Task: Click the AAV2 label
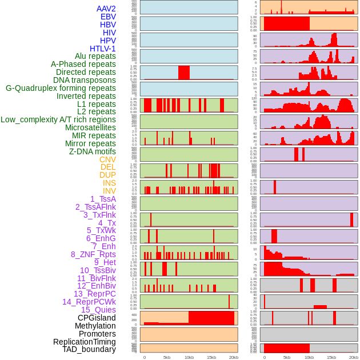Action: (x=106, y=9)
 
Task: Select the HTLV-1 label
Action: (x=103, y=49)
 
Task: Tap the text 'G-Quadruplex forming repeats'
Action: (x=61, y=88)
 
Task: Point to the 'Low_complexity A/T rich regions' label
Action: (x=58, y=119)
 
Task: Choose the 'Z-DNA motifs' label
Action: (x=93, y=151)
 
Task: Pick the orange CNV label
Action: (x=107, y=159)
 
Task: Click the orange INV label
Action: (x=109, y=191)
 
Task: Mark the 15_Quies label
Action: (x=98, y=310)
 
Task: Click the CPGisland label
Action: (x=97, y=318)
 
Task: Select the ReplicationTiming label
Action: (x=85, y=342)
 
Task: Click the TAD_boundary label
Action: (x=89, y=349)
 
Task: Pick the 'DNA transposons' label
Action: (x=85, y=80)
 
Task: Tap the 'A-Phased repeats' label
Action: (x=83, y=64)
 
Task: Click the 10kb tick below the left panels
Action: (x=189, y=357)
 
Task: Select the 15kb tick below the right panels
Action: (x=331, y=357)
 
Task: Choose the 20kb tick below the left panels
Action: (x=234, y=357)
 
